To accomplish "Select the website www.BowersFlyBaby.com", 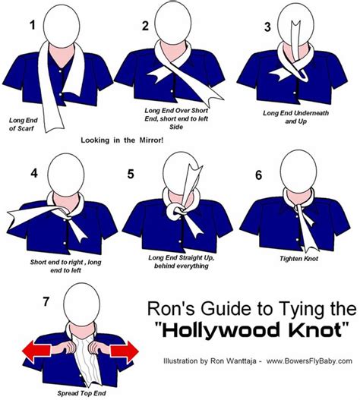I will [x=311, y=359].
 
